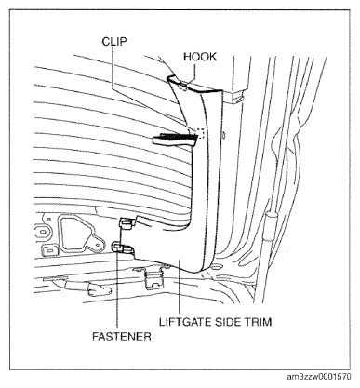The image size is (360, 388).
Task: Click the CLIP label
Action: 114,41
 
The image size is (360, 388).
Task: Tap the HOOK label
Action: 200,57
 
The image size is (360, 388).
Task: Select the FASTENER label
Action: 122,336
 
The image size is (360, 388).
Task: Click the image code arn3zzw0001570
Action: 319,377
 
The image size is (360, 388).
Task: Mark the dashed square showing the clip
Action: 200,133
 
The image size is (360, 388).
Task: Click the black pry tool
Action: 175,139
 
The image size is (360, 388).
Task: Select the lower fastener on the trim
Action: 123,248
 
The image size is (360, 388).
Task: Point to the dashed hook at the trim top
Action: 183,87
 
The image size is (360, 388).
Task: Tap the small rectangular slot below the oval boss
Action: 49,250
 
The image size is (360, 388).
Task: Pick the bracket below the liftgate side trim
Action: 154,277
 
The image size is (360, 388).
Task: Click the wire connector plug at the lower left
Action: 100,290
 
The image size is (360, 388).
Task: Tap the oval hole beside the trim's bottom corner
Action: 217,267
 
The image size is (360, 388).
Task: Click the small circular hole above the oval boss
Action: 49,219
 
